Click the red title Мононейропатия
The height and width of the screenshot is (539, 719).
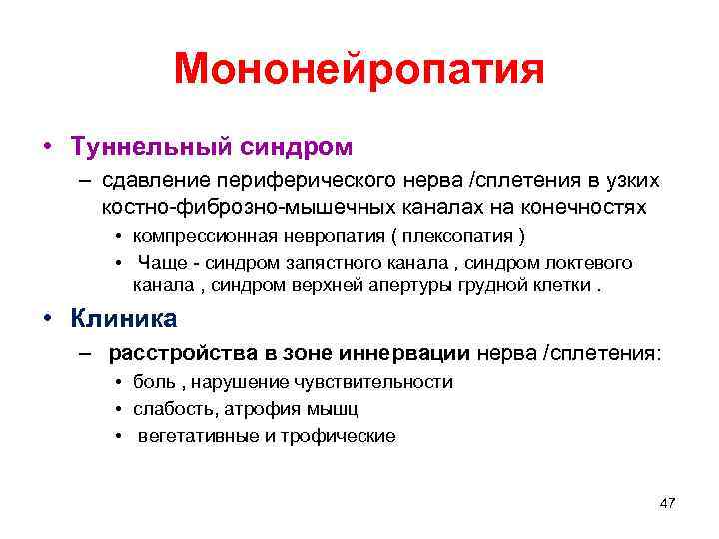359,70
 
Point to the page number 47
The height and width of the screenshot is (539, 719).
668,503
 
